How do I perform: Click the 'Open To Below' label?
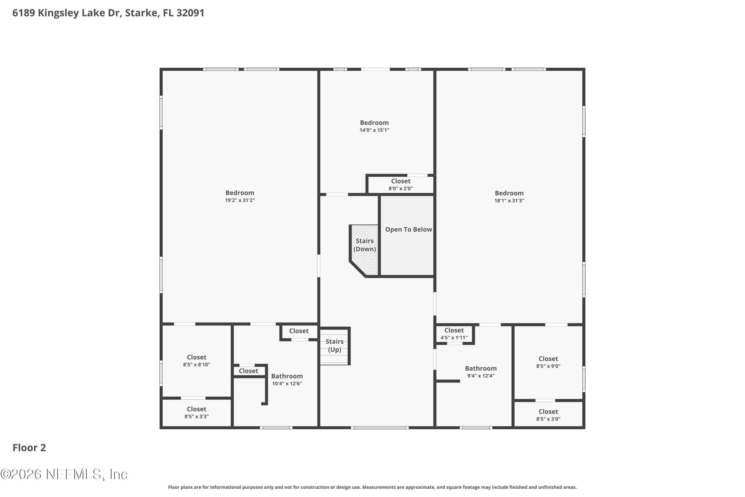point(408,229)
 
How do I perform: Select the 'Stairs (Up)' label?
point(335,345)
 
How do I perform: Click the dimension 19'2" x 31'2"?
point(240,200)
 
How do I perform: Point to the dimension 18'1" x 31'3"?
point(509,201)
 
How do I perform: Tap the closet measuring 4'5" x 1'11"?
point(454,334)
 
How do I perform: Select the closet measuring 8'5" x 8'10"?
point(196,361)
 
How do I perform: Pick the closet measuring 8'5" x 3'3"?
point(196,412)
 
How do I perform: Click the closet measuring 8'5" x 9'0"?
point(548,362)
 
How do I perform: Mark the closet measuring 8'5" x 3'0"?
point(548,415)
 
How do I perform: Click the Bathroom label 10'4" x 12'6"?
point(287,379)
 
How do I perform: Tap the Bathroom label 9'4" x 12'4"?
point(481,372)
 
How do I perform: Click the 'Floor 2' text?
point(29,448)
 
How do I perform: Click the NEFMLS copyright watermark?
point(64,474)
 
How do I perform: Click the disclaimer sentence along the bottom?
point(372,487)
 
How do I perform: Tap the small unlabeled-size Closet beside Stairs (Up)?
point(298,331)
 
